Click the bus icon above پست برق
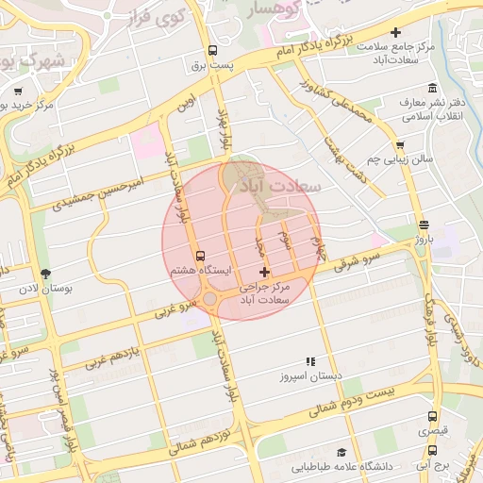pyautogui.click(x=212, y=51)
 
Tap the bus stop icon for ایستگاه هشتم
pyautogui.click(x=199, y=256)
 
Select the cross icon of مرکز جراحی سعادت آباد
pyautogui.click(x=263, y=272)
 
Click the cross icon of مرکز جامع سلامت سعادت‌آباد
pyautogui.click(x=395, y=33)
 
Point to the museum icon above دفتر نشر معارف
pyautogui.click(x=432, y=88)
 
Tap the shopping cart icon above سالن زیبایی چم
pyautogui.click(x=400, y=145)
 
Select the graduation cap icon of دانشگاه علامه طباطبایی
pyautogui.click(x=341, y=452)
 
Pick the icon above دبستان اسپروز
pyautogui.click(x=309, y=361)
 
